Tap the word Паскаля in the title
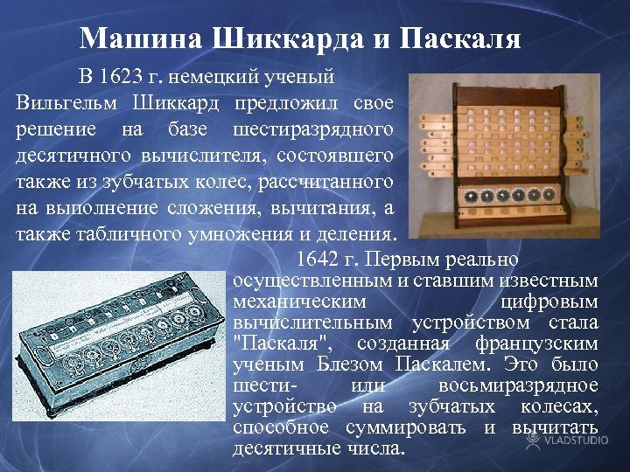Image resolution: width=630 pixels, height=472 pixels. click(x=461, y=38)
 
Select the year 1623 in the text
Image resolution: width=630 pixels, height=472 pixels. click(x=121, y=76)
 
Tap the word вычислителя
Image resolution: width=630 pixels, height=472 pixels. click(x=203, y=156)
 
